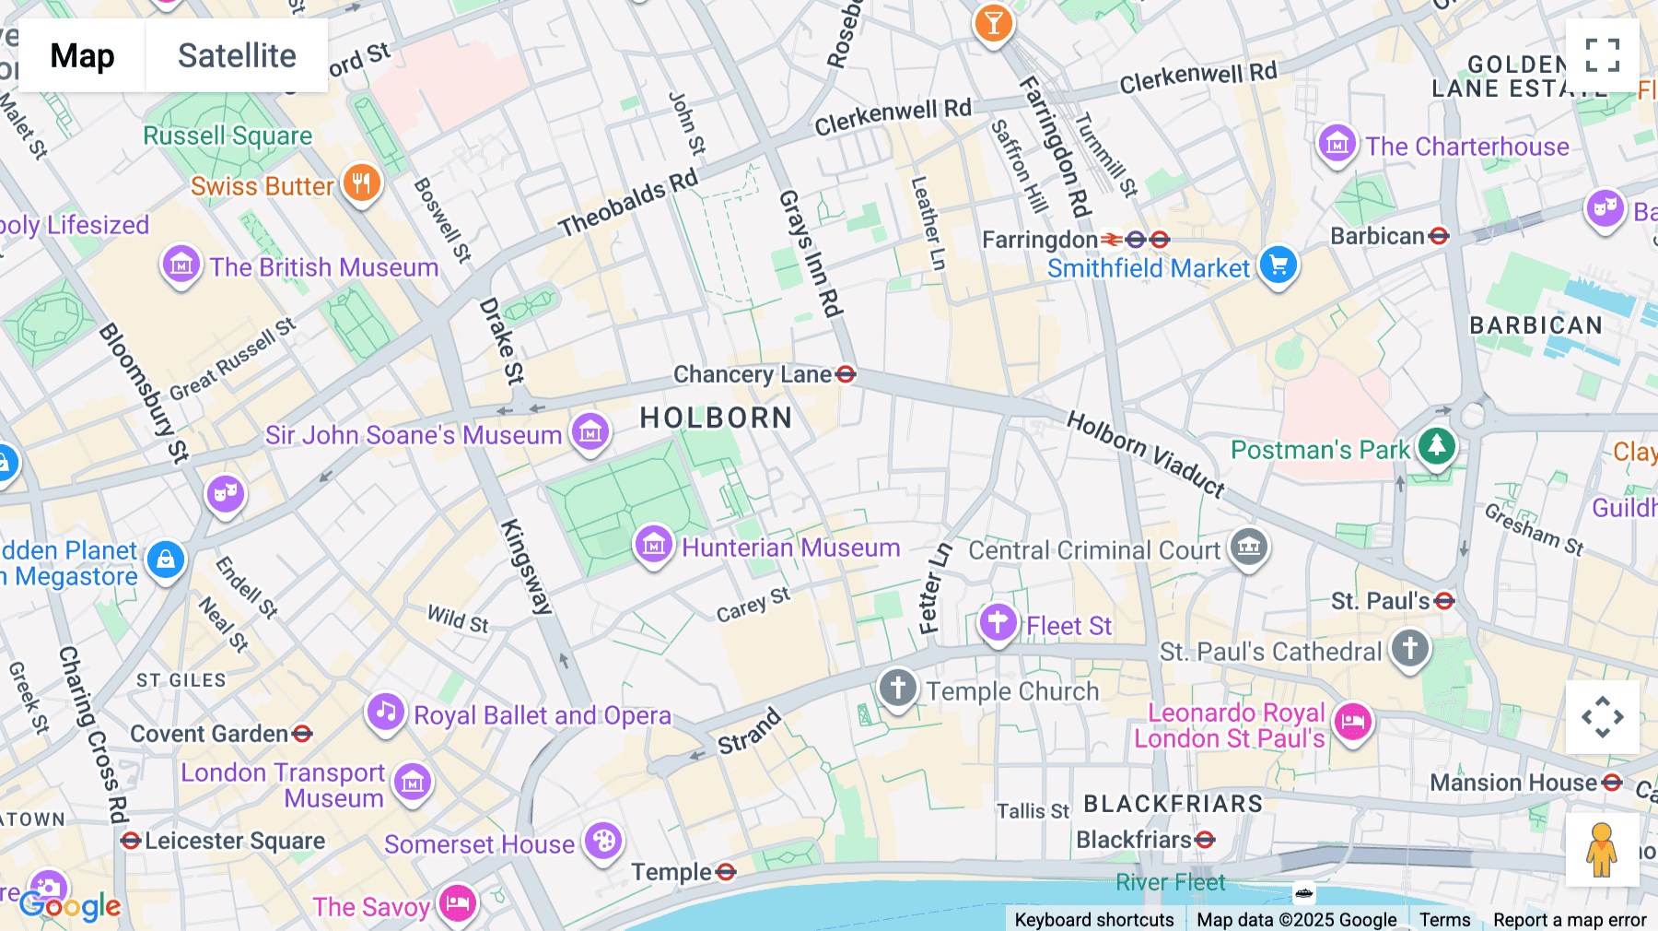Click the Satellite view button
237,55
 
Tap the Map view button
82,55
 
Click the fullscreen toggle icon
1602,55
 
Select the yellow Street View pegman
1602,850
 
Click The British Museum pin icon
181,265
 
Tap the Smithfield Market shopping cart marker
1278,265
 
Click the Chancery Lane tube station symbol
846,374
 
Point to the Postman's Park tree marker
1436,446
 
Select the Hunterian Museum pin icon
654,544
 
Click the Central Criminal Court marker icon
1249,547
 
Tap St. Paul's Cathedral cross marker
1409,648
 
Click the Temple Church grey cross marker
898,688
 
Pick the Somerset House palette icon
603,841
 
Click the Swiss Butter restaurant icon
361,183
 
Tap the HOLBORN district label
716,418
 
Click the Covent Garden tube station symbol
302,734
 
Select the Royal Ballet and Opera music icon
386,712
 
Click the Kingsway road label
526,566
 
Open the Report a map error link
1570,920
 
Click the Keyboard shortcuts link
1093,920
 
